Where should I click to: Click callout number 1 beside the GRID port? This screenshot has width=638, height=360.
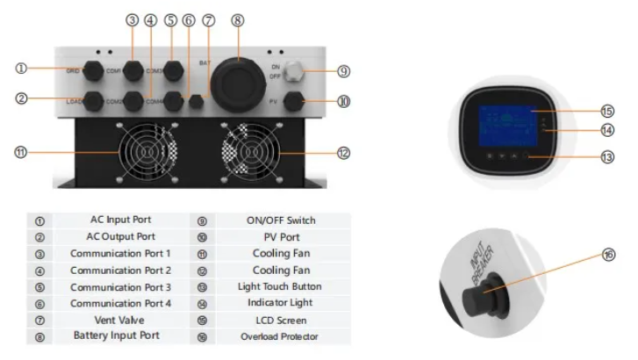[21, 68]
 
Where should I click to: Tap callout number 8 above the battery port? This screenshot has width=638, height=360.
[238, 18]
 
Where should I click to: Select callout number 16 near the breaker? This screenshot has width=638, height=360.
[608, 254]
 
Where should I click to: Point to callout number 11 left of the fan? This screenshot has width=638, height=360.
[20, 151]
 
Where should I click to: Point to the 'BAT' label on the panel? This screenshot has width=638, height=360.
[204, 62]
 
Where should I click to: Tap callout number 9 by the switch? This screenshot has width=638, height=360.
[343, 72]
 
